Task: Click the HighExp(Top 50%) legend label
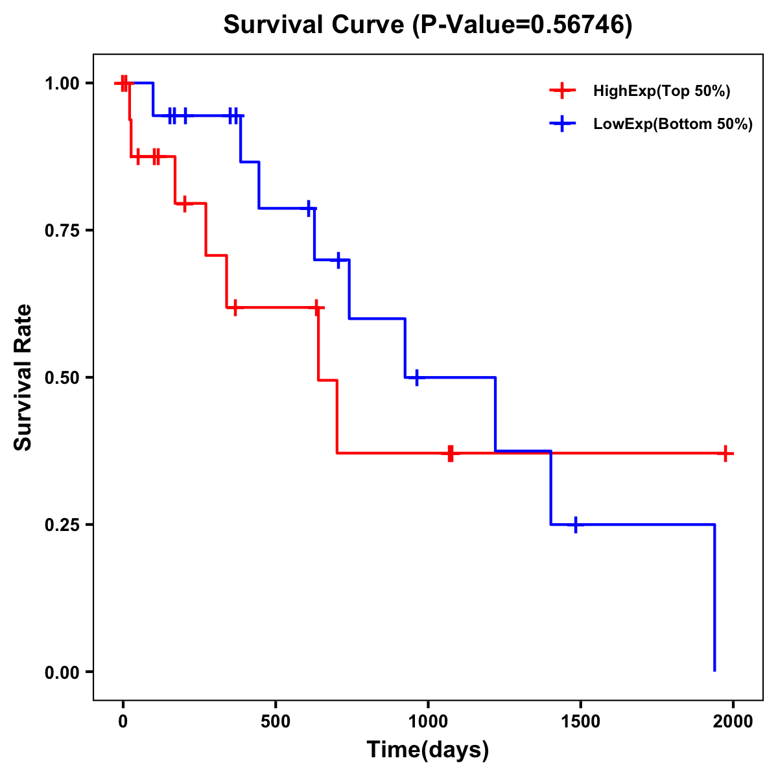click(661, 91)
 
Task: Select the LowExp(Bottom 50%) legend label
click(673, 124)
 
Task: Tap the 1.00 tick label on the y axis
click(62, 84)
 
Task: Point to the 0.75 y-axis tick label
click(62, 231)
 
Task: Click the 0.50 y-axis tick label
click(62, 378)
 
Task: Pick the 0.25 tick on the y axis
click(62, 525)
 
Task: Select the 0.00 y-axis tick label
click(62, 672)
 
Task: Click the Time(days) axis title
click(427, 750)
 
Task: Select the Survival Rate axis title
click(23, 377)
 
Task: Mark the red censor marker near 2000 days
click(726, 454)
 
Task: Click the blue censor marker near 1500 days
click(575, 525)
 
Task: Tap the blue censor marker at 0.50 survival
click(416, 377)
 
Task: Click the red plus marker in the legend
click(562, 91)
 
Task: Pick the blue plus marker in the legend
click(562, 124)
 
